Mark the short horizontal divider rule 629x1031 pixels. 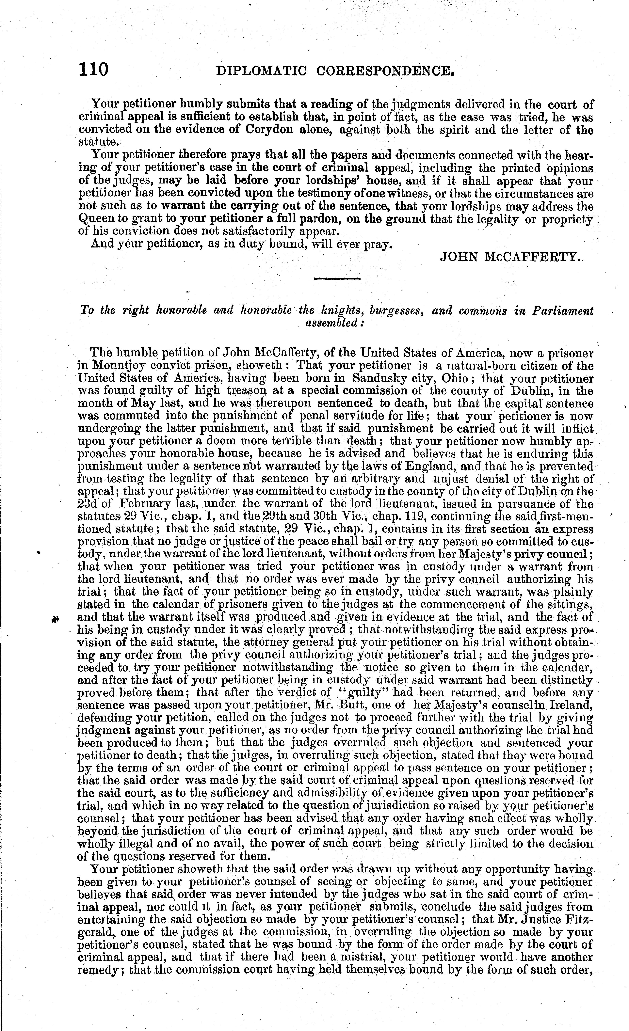coord(337,278)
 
